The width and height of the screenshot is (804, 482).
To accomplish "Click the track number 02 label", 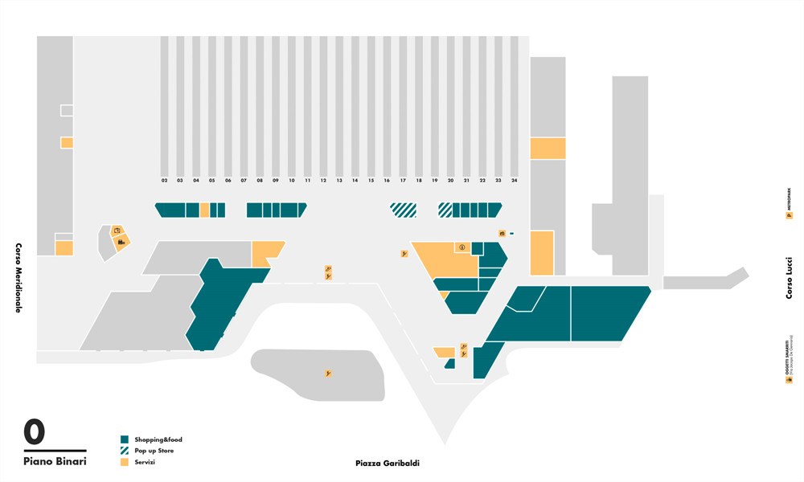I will coord(164,181).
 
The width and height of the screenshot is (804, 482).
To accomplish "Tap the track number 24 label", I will coord(514,181).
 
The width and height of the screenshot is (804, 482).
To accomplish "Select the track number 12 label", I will coord(323,181).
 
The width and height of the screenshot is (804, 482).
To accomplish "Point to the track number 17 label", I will coord(403,181).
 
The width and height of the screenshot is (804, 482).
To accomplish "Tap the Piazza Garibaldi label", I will coord(388,464).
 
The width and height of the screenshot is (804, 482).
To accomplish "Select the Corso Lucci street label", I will coord(790,277).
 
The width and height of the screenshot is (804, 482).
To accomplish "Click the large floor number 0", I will coord(35,432).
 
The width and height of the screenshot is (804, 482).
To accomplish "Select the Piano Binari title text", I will coord(55,461).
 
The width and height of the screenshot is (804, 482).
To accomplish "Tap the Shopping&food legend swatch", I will coord(125,439).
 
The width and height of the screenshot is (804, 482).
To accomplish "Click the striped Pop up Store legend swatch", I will coord(125,451).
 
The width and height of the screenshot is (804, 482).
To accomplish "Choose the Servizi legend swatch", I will coord(125,462).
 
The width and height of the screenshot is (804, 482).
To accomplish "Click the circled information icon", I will coord(462,247).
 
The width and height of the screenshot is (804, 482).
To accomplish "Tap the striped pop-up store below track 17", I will coord(404,210).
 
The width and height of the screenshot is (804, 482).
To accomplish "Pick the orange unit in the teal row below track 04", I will coord(205,210).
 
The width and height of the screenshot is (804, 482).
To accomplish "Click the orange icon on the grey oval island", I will coord(328,374).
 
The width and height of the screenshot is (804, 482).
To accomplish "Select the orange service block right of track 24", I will coord(548,148).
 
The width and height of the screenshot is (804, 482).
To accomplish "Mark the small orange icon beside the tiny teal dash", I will coord(502,234).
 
